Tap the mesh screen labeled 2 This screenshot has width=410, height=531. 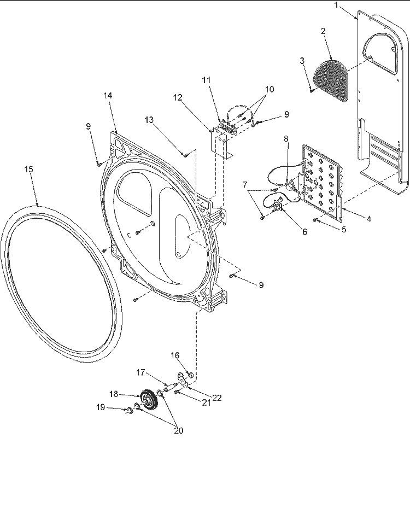tap(332, 79)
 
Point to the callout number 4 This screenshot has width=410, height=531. tap(369, 219)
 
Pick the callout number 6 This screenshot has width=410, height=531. tap(304, 231)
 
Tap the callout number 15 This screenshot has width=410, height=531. tap(28, 169)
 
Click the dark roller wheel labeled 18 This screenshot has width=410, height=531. tap(146, 399)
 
